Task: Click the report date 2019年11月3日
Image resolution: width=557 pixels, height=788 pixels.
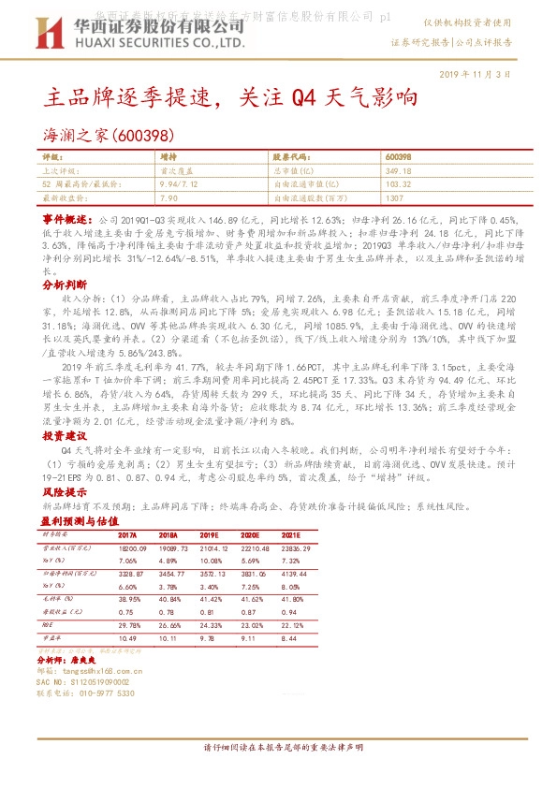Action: click(476, 74)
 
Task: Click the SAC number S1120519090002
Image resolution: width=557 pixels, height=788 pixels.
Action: click(99, 682)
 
